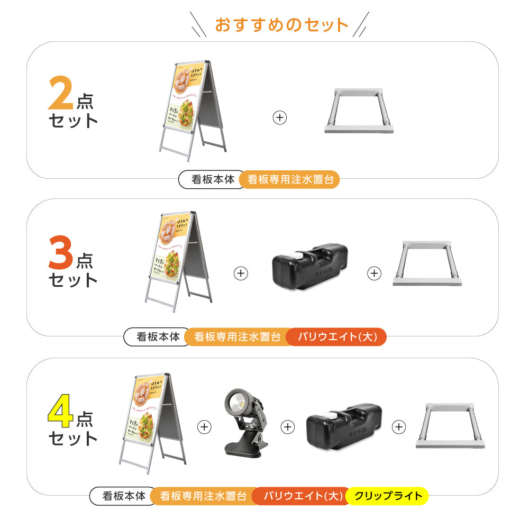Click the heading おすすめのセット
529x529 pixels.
[x=281, y=25]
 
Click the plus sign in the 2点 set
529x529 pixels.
[x=280, y=117]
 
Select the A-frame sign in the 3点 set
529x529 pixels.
[x=178, y=262]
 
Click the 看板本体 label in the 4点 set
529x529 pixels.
[x=124, y=496]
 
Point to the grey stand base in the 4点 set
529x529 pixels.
[x=450, y=425]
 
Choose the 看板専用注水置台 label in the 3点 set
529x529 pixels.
[x=236, y=337]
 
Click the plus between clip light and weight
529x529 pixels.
[x=287, y=427]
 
